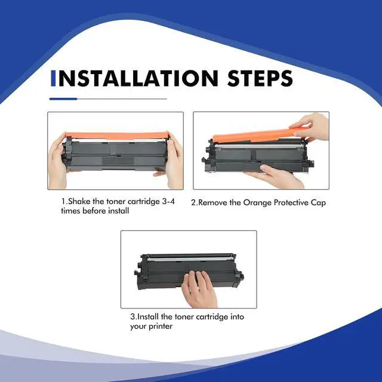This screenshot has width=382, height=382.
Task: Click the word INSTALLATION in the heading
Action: coord(137,78)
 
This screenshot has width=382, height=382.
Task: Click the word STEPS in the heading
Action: coord(260,78)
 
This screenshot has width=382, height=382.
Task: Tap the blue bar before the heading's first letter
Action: coord(53,78)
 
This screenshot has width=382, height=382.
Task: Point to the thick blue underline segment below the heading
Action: coord(63,99)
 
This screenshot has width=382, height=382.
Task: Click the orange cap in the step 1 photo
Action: coord(117,136)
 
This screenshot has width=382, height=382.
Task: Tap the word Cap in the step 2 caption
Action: coord(318,203)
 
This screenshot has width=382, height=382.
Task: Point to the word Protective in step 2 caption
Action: coord(291,203)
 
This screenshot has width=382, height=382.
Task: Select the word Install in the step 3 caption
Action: coord(149,317)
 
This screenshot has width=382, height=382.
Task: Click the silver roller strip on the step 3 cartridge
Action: coord(189,260)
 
